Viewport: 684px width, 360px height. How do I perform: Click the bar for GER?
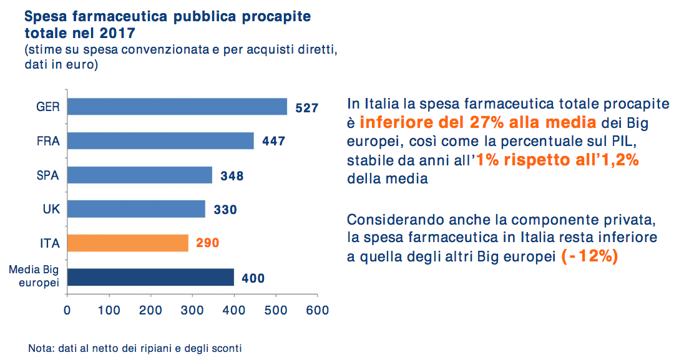tap(177, 107)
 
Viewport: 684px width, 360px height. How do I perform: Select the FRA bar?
tap(160, 141)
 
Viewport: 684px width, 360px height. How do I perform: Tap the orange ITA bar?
tap(127, 243)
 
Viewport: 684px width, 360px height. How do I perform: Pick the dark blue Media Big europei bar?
tap(150, 277)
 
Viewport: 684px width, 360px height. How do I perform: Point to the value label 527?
tap(307, 108)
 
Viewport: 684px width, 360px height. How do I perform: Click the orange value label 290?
tap(208, 243)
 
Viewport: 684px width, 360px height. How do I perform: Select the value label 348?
tap(232, 176)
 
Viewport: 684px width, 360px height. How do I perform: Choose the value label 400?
tap(253, 278)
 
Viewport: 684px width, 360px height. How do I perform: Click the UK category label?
tap(51, 209)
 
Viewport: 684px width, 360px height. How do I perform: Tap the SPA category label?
tap(48, 175)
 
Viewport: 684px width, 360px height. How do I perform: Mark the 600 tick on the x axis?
tap(318, 309)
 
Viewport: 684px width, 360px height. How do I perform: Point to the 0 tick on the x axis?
tap(67, 309)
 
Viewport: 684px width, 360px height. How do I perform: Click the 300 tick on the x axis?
tap(192, 309)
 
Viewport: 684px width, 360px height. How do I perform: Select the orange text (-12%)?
tap(590, 256)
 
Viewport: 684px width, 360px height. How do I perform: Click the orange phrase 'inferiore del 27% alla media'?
tap(481, 122)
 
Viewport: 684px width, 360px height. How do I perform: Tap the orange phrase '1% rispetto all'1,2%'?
tap(557, 160)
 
